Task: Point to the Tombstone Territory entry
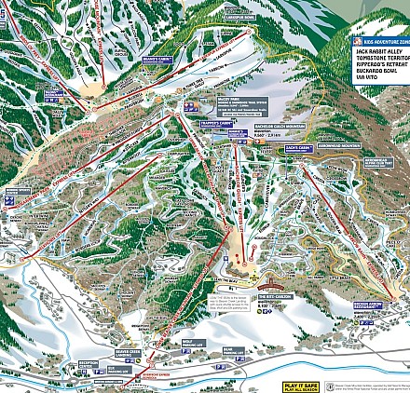pyautogui.click(x=379, y=60)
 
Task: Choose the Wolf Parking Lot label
pyautogui.click(x=186, y=344)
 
